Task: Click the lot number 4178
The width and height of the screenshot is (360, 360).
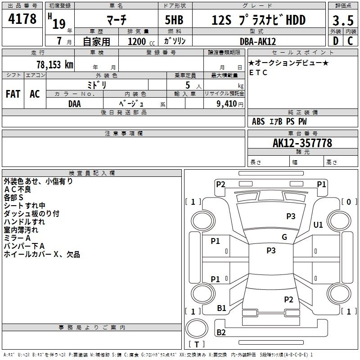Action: (22, 19)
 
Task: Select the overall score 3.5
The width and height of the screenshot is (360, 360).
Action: (343, 20)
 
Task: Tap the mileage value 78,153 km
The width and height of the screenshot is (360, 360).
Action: (55, 65)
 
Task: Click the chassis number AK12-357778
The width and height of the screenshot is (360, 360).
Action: (302, 143)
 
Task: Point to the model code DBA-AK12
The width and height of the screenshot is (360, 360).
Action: (258, 41)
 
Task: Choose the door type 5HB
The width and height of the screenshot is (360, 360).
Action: (174, 20)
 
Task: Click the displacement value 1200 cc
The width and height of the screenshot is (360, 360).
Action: (141, 42)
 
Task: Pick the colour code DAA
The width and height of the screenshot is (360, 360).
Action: (75, 104)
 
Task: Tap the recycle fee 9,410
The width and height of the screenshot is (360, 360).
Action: (227, 104)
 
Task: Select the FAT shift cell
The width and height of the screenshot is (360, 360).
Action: (13, 94)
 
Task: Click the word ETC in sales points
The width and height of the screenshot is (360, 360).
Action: (258, 72)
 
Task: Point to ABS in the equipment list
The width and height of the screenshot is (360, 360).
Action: (258, 121)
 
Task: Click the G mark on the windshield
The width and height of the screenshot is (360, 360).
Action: (284, 237)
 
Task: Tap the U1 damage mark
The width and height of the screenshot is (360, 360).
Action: (318, 225)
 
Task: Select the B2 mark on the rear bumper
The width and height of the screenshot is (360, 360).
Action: (221, 332)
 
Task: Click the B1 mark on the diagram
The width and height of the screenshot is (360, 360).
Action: (221, 308)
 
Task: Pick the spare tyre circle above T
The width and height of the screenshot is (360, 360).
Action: (197, 328)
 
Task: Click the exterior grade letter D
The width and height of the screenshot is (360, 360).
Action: (336, 41)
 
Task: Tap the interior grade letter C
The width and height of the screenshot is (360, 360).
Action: (350, 41)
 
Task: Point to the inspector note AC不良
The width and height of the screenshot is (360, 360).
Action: (18, 189)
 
